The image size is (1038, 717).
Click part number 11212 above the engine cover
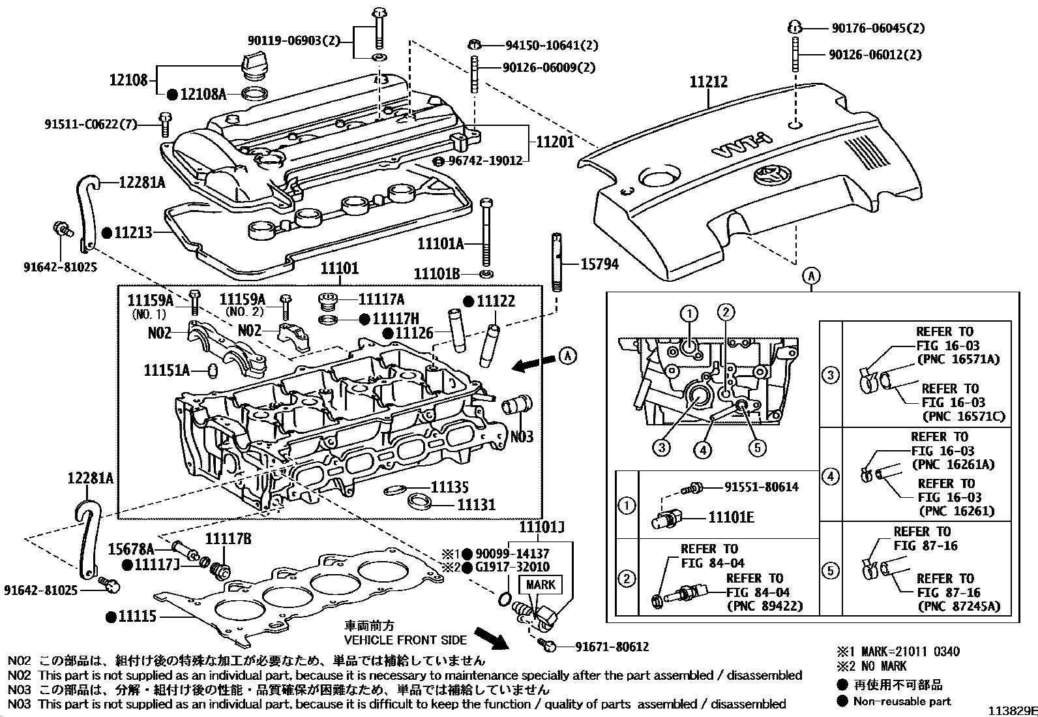pyautogui.click(x=709, y=82)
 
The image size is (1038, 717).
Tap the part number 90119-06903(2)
pyautogui.click(x=293, y=41)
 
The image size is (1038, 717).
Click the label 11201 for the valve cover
pyautogui.click(x=555, y=142)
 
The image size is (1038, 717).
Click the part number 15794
pyautogui.click(x=599, y=264)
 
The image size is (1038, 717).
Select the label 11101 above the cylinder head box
pyautogui.click(x=339, y=269)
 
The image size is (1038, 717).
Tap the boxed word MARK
pyautogui.click(x=540, y=585)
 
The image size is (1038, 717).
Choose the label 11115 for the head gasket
pyautogui.click(x=138, y=615)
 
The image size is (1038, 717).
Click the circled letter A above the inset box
pyautogui.click(x=811, y=276)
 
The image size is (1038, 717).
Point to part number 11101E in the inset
pyautogui.click(x=731, y=517)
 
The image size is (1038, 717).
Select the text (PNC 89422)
pyautogui.click(x=765, y=606)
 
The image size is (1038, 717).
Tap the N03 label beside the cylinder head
pyautogui.click(x=522, y=436)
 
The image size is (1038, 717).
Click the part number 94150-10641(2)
pyautogui.click(x=552, y=45)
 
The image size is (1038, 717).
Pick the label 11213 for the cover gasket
pyautogui.click(x=134, y=232)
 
